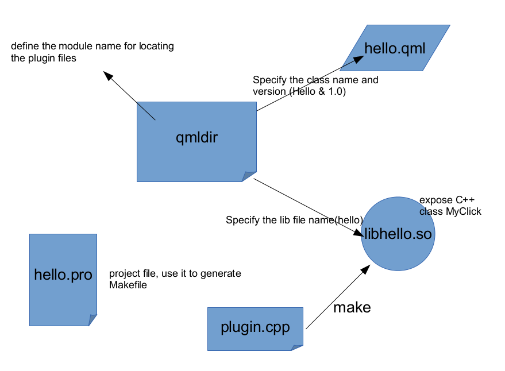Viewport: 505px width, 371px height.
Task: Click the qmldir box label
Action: click(x=196, y=137)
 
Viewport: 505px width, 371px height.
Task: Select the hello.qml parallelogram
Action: click(x=395, y=48)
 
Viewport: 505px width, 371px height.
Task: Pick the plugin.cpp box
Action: click(x=255, y=328)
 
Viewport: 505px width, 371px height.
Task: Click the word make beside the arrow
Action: click(x=352, y=307)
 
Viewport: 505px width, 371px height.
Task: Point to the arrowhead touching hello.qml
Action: click(x=361, y=59)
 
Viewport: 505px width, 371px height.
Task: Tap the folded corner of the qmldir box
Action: click(x=249, y=176)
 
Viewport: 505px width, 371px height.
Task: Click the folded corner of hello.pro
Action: click(x=92, y=320)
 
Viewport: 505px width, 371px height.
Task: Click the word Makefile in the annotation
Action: click(x=128, y=284)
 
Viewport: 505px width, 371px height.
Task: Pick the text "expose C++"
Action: click(x=446, y=200)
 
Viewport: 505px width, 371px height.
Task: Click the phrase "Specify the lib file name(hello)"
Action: click(x=294, y=220)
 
